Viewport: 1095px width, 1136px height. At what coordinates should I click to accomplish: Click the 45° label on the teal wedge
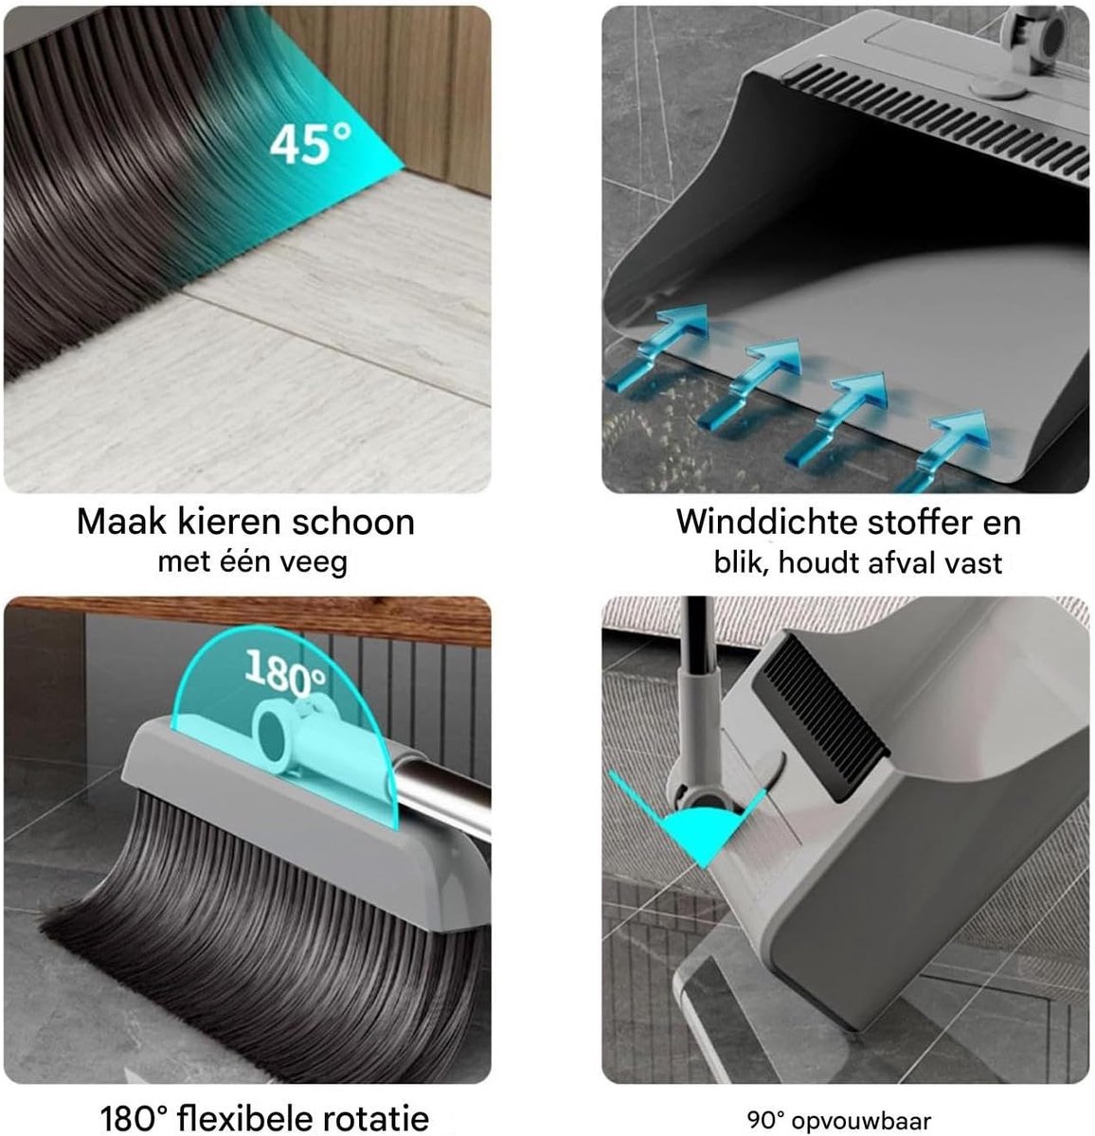pyautogui.click(x=311, y=142)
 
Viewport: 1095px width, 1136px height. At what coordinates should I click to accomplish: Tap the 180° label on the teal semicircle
pyautogui.click(x=285, y=674)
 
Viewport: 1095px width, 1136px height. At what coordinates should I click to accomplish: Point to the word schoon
pyautogui.click(x=353, y=521)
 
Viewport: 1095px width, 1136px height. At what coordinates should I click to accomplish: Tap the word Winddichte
pyautogui.click(x=767, y=522)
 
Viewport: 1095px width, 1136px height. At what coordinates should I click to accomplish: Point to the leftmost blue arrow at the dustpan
pyautogui.click(x=656, y=348)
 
